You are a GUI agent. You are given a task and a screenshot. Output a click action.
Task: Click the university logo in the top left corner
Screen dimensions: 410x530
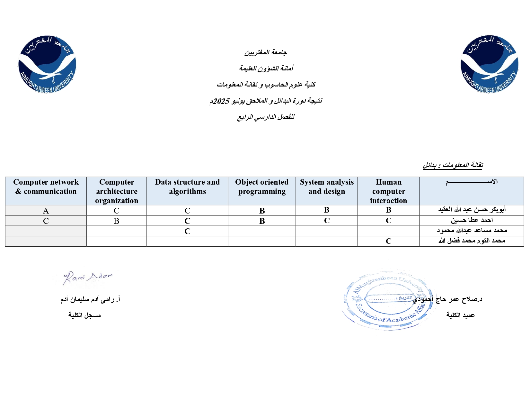click(47, 64)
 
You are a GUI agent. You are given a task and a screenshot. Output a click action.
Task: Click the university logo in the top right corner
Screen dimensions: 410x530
click(489, 64)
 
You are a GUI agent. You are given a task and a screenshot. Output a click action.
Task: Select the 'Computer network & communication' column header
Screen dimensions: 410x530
click(46, 187)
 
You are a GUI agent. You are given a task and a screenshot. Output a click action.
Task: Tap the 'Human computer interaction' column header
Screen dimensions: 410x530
click(388, 191)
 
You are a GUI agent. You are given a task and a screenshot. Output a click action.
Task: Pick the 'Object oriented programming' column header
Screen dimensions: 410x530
click(262, 187)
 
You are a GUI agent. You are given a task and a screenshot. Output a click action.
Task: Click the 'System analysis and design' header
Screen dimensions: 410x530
click(327, 187)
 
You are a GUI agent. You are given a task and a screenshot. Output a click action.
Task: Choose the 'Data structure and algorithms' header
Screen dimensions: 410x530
click(187, 187)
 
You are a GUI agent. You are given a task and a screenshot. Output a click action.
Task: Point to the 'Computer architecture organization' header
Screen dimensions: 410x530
click(117, 191)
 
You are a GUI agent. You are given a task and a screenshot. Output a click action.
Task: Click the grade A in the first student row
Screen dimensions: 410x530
click(46, 211)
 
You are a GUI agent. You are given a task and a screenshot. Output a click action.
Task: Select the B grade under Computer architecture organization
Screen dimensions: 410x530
click(117, 221)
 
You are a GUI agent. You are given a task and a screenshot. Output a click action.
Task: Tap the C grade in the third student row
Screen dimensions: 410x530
click(187, 231)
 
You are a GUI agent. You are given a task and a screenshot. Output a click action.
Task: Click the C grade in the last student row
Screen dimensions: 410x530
click(388, 241)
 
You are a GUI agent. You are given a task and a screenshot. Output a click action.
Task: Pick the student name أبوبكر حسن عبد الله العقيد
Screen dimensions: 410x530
click(472, 210)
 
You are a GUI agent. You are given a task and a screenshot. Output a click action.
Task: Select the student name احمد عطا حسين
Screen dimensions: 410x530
click(472, 220)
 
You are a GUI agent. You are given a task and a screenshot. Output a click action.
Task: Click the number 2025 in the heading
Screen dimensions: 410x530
click(221, 101)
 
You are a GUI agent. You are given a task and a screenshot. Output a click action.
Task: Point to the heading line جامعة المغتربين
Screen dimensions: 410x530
click(266, 52)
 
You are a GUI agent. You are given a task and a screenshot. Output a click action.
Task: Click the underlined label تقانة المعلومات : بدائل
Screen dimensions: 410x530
click(453, 165)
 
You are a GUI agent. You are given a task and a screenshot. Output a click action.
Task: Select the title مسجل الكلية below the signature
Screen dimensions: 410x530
click(84, 315)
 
